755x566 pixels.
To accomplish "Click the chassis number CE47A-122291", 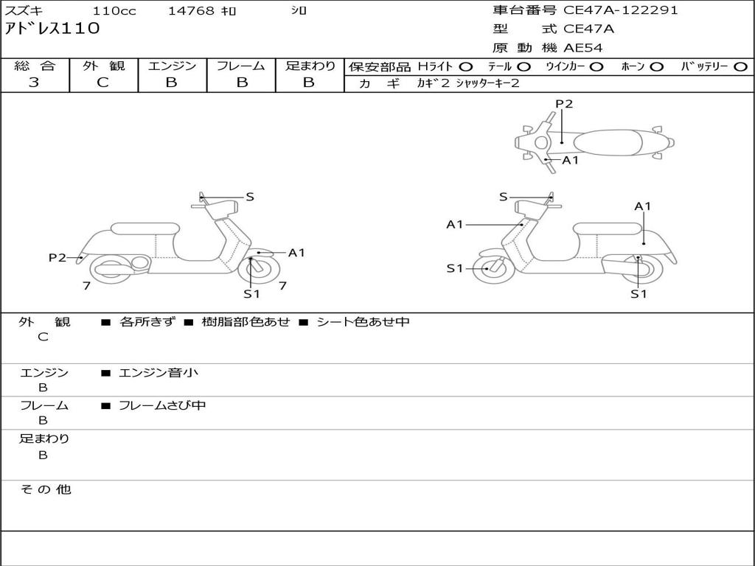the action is click(620, 10).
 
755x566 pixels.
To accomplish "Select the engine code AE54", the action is click(583, 48).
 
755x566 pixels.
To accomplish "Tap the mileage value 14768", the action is click(191, 11).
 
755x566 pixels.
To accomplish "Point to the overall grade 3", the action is click(34, 83).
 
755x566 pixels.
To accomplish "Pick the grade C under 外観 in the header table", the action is click(103, 83).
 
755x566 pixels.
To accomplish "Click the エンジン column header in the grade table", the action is click(172, 66).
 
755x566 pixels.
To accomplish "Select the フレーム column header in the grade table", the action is click(241, 66).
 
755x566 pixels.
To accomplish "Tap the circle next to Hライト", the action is click(466, 66).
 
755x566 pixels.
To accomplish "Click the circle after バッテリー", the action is click(740, 66).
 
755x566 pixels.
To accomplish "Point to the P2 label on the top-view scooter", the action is click(564, 104).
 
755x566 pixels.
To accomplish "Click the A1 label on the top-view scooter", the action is click(571, 160).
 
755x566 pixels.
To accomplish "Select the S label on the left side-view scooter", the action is click(250, 197).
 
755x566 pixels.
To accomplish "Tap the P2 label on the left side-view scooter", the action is click(57, 257).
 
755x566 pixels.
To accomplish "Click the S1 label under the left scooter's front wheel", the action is click(252, 294).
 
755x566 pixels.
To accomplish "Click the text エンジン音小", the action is click(158, 373).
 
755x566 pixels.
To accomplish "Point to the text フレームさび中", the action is click(162, 405).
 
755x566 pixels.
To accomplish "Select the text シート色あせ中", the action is click(363, 322).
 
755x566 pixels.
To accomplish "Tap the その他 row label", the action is click(45, 489).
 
